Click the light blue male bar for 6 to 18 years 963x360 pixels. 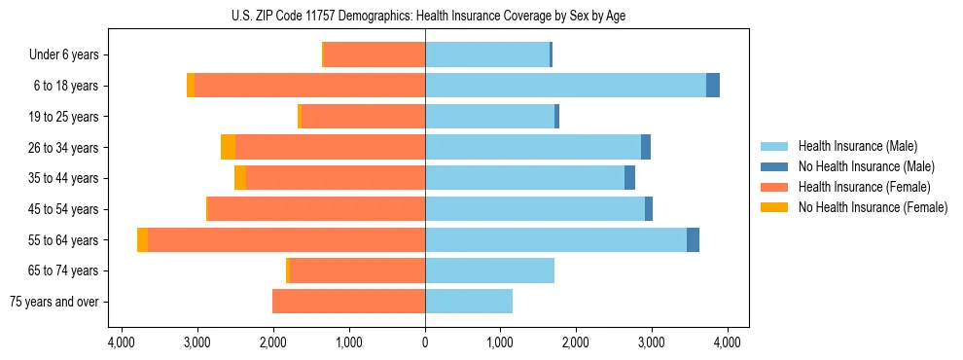[564, 86]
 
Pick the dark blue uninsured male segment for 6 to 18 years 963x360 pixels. [713, 86]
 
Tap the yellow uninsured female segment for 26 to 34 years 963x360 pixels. [228, 147]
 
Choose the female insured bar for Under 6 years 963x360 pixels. [374, 55]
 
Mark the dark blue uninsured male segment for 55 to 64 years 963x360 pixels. [693, 240]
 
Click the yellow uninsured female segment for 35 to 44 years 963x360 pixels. [240, 178]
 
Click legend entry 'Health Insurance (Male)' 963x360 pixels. [857, 146]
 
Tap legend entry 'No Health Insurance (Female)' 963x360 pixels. [873, 207]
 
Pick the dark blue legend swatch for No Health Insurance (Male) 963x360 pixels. [774, 166]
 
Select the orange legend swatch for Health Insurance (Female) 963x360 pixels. [774, 187]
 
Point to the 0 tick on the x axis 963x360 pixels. [425, 342]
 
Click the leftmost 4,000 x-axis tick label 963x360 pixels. [122, 342]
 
